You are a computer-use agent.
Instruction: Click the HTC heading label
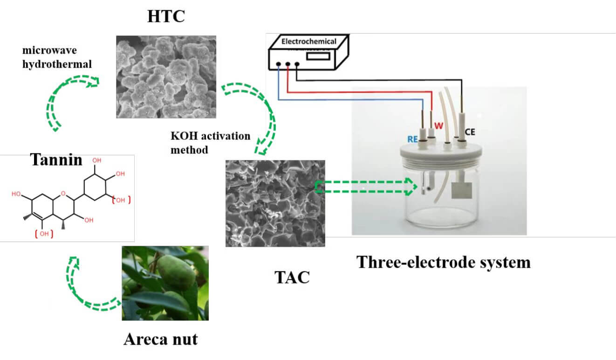(166, 17)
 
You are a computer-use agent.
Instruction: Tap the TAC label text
(292, 277)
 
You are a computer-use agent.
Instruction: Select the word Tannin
(56, 160)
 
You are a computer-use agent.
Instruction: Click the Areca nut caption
(160, 339)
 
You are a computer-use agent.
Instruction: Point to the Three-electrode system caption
(443, 262)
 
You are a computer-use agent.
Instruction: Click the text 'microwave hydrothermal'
(57, 57)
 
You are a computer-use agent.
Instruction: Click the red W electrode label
(438, 125)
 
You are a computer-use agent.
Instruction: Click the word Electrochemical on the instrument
(308, 42)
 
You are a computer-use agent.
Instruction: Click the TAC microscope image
(275, 203)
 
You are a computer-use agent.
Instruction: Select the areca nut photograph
(165, 283)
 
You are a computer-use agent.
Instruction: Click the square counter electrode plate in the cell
(462, 190)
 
